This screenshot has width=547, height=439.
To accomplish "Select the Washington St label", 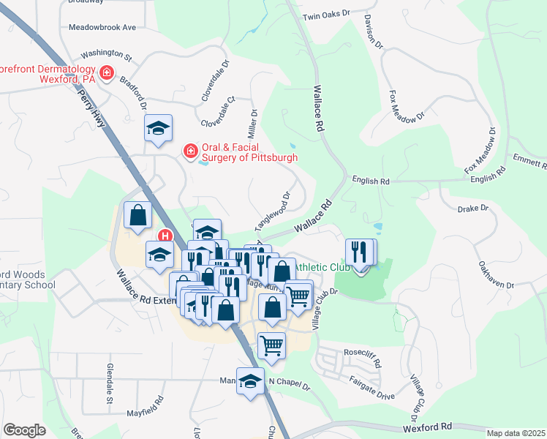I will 106,55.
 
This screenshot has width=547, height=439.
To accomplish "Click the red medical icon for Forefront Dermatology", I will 107,72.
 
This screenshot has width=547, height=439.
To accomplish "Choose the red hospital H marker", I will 165,236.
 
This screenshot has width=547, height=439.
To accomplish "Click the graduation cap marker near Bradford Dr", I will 158,128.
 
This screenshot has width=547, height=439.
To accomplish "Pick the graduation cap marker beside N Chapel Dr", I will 250,380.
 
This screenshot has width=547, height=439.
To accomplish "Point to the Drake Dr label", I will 472,209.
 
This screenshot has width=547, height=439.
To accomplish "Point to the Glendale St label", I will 109,383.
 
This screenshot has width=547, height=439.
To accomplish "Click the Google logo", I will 25,430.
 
